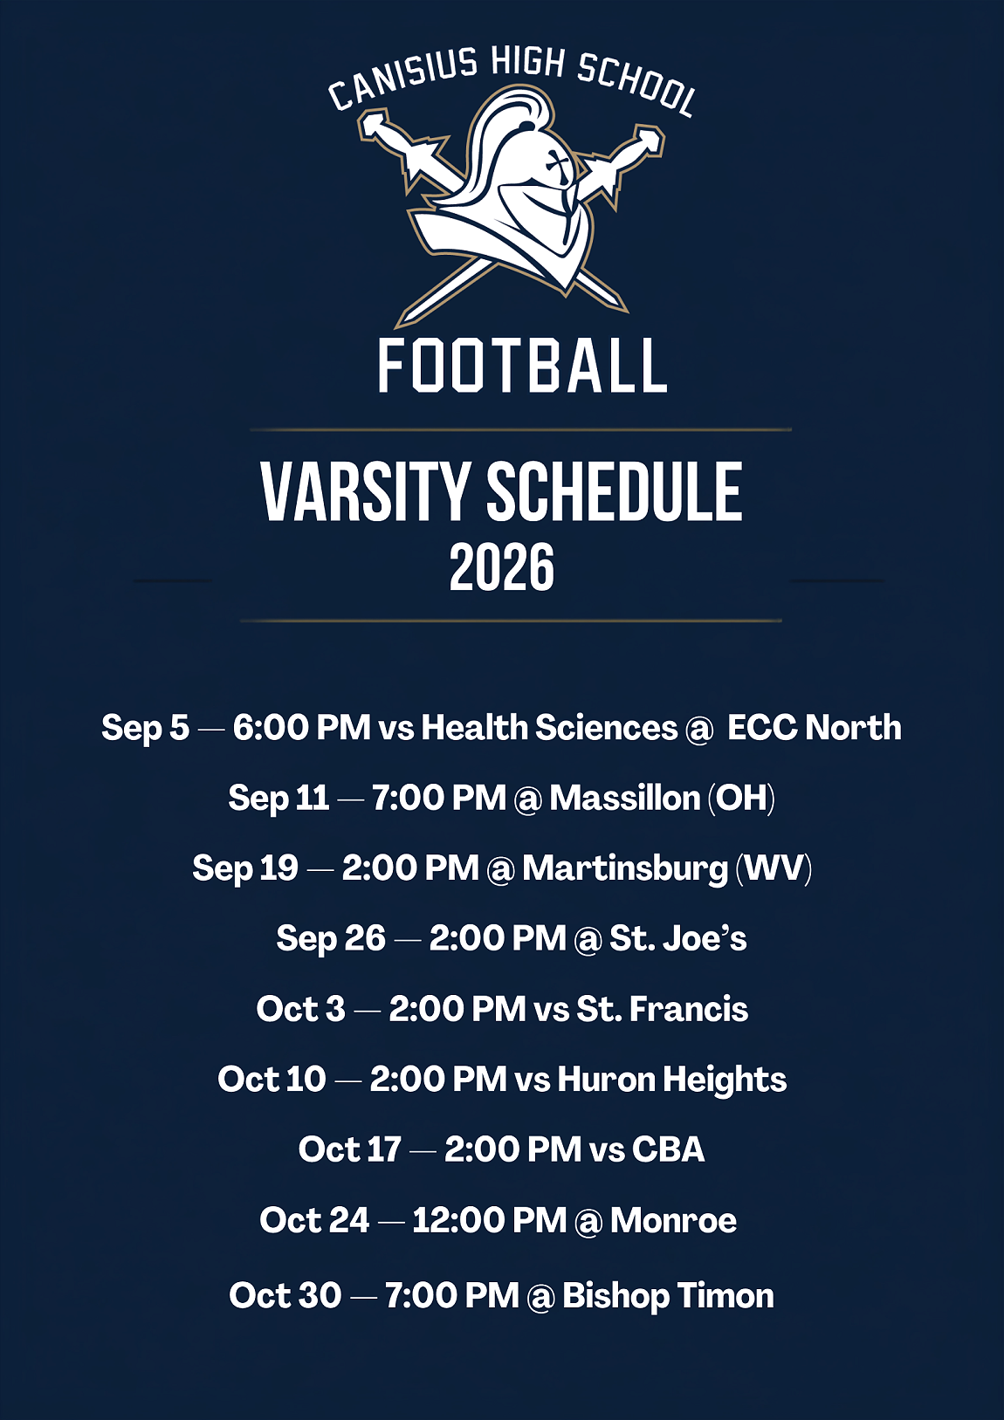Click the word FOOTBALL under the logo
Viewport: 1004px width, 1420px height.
522,365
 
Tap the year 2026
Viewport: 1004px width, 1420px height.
502,567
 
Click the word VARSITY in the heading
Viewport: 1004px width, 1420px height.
365,492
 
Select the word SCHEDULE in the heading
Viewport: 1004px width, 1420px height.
614,492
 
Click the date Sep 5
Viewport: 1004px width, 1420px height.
145,728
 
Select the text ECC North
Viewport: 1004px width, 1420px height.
814,726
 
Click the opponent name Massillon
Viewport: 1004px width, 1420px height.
624,798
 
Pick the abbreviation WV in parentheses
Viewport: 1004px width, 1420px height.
774,868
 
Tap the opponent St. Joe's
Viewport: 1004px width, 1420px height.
678,938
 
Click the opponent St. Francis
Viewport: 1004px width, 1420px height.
662,1009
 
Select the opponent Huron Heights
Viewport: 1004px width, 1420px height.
672,1080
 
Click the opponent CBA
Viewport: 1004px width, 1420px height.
669,1150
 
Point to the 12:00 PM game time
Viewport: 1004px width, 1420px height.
489,1220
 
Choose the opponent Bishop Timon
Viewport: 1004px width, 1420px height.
668,1292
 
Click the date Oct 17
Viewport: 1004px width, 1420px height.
349,1150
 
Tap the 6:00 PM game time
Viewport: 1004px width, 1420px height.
302,727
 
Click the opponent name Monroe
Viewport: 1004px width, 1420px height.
674,1220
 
